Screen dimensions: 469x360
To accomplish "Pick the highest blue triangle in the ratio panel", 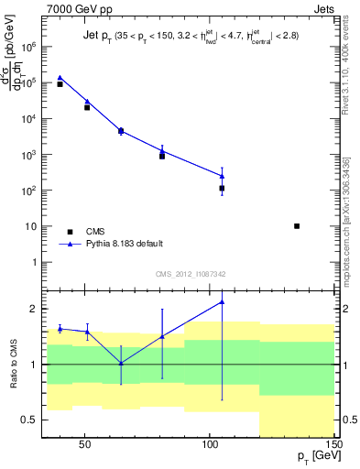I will pos(222,301).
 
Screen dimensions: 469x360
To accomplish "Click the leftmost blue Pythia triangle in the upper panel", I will pos(60,78).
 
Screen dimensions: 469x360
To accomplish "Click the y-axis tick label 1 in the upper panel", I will pos(36,263).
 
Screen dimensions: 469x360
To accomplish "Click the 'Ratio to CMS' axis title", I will pos(12,364).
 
